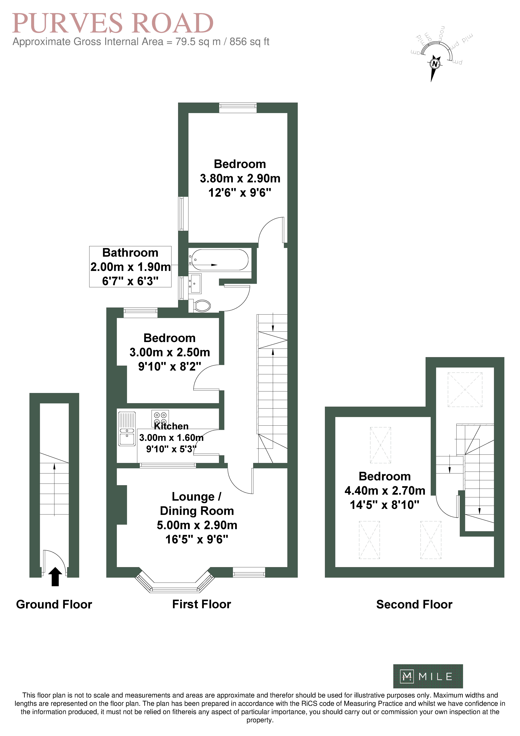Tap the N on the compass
click(x=435, y=64)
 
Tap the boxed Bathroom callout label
click(x=130, y=267)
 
